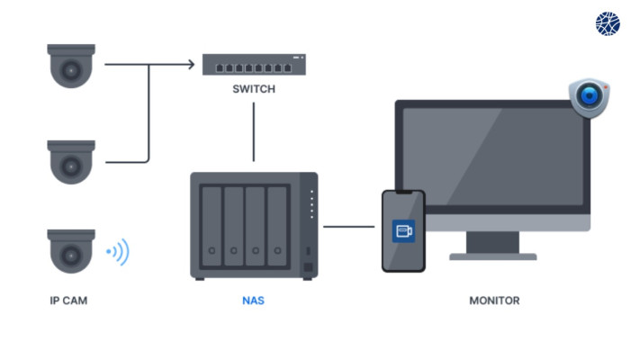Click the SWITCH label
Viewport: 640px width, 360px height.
click(254, 89)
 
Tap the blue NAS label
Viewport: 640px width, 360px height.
click(253, 301)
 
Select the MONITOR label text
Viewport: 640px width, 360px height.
click(494, 301)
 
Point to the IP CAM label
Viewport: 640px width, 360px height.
click(68, 301)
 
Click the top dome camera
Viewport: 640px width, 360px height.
click(71, 66)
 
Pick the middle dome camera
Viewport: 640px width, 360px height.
click(71, 162)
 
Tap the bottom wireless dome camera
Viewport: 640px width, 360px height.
click(71, 251)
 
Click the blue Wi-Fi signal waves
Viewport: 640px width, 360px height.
click(118, 252)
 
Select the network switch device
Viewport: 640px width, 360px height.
click(254, 65)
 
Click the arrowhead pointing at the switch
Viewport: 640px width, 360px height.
click(192, 64)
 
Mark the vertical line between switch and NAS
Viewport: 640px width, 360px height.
click(254, 131)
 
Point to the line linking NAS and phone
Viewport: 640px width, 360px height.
click(349, 227)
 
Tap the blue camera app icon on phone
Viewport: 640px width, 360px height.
click(403, 231)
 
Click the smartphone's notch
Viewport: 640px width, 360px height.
click(403, 192)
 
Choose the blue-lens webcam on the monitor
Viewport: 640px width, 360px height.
click(589, 97)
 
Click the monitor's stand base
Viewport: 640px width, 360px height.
click(493, 256)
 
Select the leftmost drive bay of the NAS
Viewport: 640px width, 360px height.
click(212, 227)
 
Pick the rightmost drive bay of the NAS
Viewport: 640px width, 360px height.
click(277, 227)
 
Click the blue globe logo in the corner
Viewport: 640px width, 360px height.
click(608, 23)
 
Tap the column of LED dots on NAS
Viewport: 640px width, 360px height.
click(311, 204)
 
